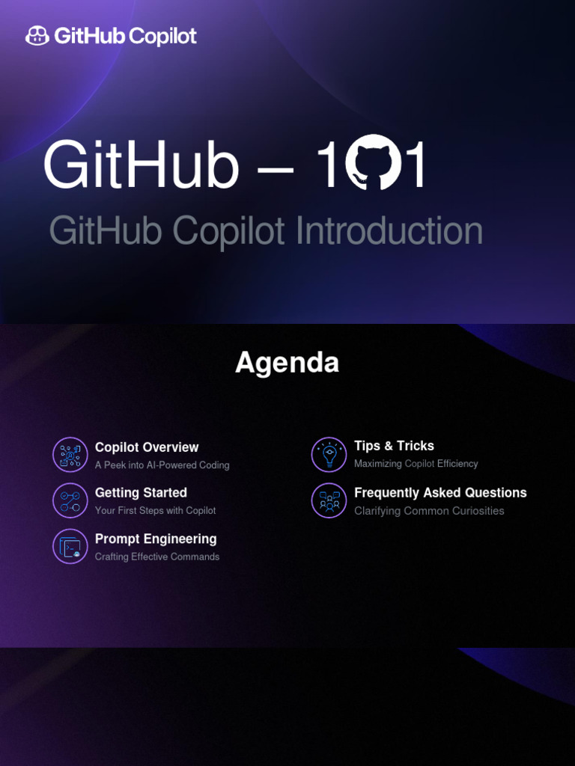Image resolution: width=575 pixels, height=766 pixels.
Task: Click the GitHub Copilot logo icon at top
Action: pyautogui.click(x=37, y=35)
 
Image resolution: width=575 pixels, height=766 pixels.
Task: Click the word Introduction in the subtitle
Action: pyautogui.click(x=389, y=231)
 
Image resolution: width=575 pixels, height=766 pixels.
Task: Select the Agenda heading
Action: pyautogui.click(x=287, y=363)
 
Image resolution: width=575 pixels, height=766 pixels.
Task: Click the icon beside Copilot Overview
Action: pyautogui.click(x=70, y=455)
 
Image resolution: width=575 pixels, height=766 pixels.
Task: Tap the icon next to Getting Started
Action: pyautogui.click(x=70, y=500)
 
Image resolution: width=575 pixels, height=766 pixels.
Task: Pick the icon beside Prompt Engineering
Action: pyautogui.click(x=70, y=546)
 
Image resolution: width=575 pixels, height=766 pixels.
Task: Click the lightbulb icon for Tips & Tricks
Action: pyautogui.click(x=329, y=455)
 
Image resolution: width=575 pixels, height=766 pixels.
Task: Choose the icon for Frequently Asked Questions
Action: pyautogui.click(x=329, y=500)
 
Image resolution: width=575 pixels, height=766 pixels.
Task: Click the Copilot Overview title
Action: pyautogui.click(x=147, y=447)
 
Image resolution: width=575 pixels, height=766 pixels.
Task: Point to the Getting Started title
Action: pyautogui.click(x=141, y=493)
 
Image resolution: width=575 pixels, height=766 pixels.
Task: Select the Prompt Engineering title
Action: pyautogui.click(x=156, y=539)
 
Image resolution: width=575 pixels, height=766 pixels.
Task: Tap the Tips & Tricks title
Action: pyautogui.click(x=394, y=446)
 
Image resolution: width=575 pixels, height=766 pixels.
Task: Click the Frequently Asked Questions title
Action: pyautogui.click(x=440, y=492)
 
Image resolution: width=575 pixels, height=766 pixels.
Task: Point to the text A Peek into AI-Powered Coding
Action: pyautogui.click(x=162, y=465)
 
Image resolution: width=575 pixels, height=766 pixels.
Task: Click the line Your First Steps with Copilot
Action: pyautogui.click(x=155, y=511)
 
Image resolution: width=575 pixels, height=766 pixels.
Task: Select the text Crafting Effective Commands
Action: pyautogui.click(x=157, y=557)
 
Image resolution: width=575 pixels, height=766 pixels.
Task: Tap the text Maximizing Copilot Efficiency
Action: pyautogui.click(x=416, y=464)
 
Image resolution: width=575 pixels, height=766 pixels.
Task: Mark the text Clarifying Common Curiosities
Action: pyautogui.click(x=429, y=511)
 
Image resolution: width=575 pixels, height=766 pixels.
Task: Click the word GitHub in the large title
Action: pyautogui.click(x=141, y=165)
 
